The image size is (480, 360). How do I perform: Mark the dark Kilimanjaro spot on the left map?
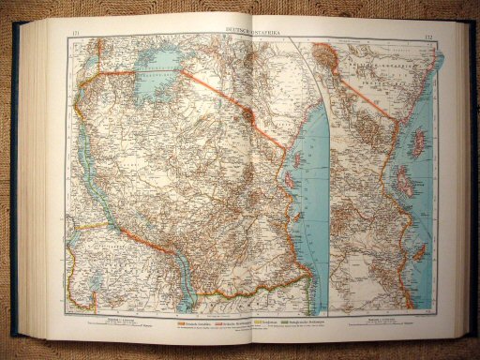coord(247,113)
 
